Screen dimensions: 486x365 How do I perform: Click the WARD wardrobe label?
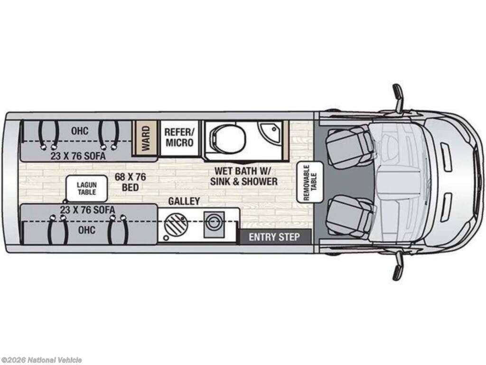(145, 138)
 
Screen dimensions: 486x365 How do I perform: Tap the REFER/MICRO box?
(179, 137)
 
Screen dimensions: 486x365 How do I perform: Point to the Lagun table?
(87, 188)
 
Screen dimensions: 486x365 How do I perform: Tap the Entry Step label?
(274, 237)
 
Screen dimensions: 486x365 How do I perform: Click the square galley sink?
(214, 224)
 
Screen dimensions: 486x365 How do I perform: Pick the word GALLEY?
(184, 201)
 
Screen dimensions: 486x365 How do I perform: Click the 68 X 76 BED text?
(130, 182)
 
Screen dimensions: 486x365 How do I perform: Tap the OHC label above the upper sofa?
(80, 131)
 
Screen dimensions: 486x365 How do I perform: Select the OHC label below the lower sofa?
(87, 230)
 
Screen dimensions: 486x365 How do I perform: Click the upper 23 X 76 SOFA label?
(78, 156)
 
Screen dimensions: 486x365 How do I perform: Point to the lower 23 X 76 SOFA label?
(87, 210)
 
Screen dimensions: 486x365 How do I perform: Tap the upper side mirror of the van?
(398, 97)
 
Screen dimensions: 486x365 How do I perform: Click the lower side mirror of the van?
(398, 266)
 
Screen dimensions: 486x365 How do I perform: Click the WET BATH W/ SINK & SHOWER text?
(243, 176)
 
